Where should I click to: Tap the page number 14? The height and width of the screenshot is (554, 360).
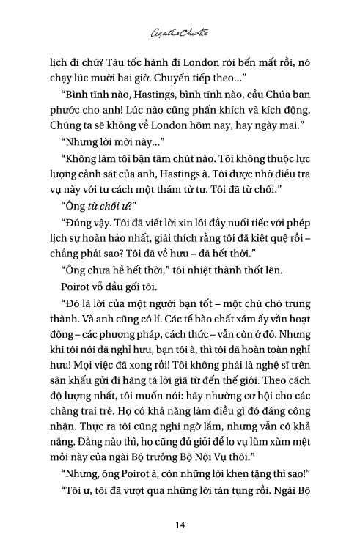coord(180,525)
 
